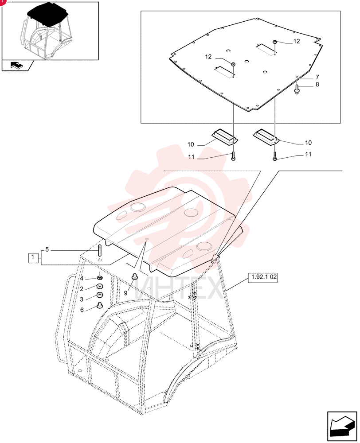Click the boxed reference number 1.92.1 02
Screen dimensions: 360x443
click(x=263, y=277)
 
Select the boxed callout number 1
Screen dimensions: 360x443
click(x=33, y=257)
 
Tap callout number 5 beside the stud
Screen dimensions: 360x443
click(x=47, y=249)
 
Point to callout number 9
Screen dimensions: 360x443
click(x=126, y=293)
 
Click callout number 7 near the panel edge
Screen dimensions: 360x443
click(x=317, y=77)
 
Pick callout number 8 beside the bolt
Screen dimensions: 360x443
click(x=317, y=85)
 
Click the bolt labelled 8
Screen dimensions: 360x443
click(x=297, y=89)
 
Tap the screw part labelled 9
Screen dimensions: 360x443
click(x=134, y=276)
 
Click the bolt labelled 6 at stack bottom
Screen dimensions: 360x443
click(x=100, y=305)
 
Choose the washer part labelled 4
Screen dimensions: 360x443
click(x=100, y=278)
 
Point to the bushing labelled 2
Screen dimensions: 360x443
click(x=100, y=286)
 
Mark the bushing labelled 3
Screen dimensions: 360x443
click(x=100, y=295)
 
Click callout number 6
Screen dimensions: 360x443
click(x=82, y=310)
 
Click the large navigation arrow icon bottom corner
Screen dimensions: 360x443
click(x=341, y=426)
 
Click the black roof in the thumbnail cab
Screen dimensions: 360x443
click(x=48, y=15)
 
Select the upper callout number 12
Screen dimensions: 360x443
click(x=296, y=41)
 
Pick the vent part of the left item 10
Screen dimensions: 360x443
click(x=225, y=137)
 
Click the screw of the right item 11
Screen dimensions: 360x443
click(x=275, y=156)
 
